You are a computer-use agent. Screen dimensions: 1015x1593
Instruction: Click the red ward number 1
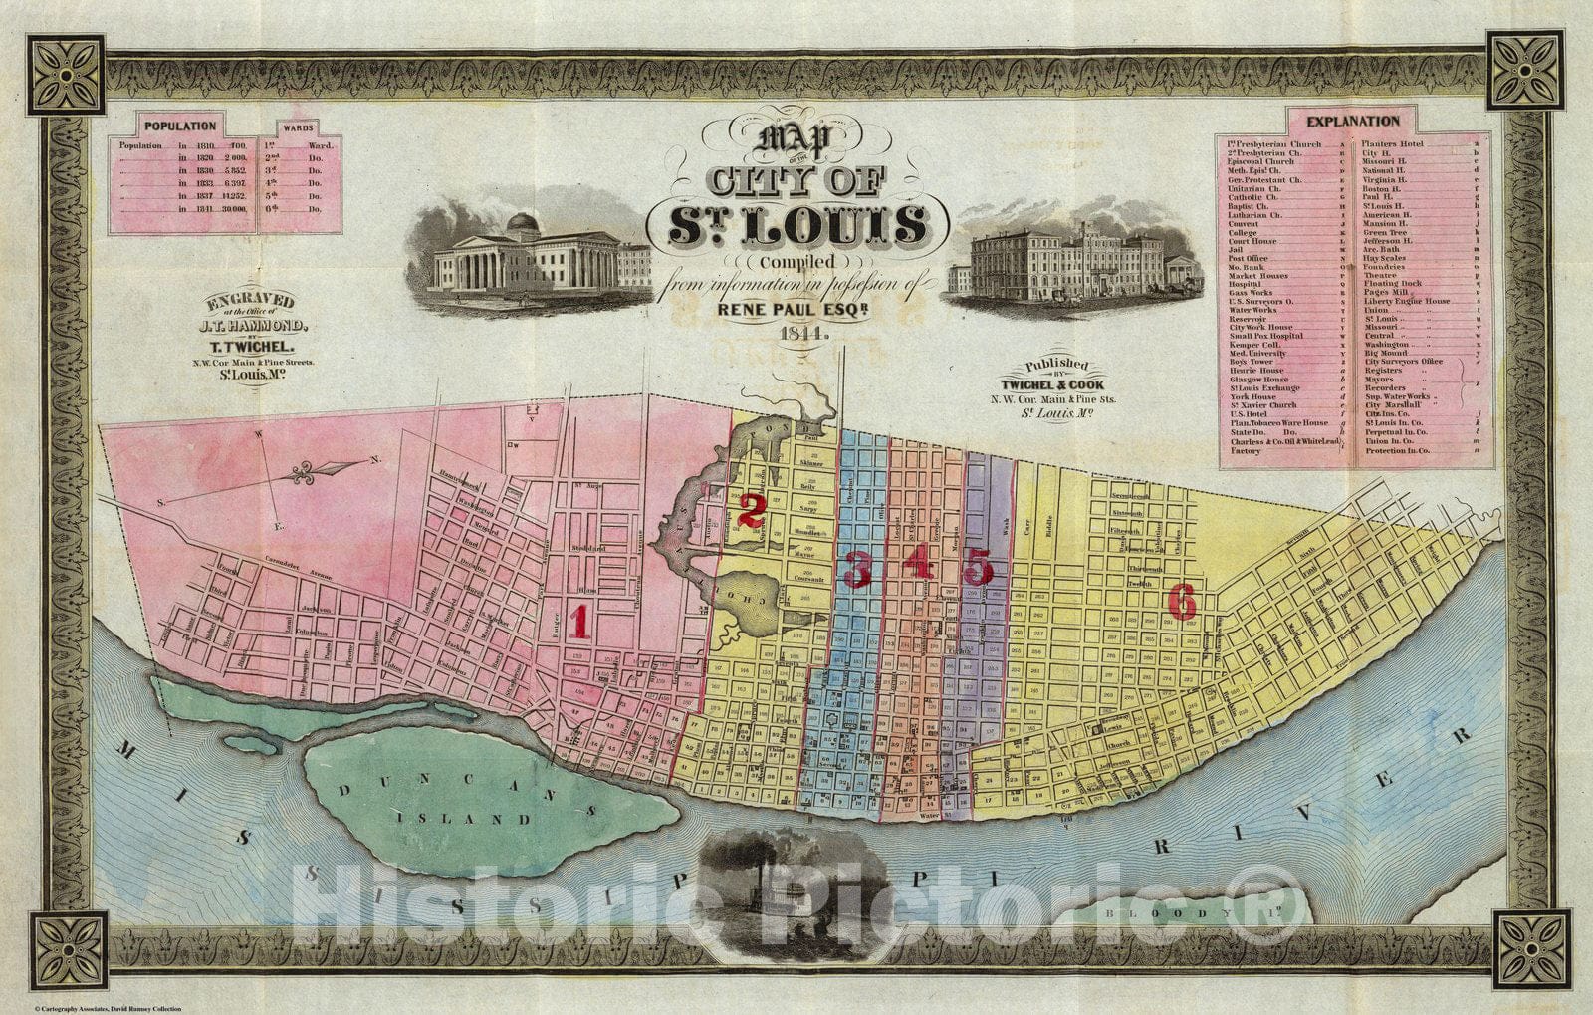pyautogui.click(x=578, y=622)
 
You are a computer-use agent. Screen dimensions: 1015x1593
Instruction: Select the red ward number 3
pyautogui.click(x=857, y=569)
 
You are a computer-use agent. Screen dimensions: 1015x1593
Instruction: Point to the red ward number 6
pyautogui.click(x=1181, y=601)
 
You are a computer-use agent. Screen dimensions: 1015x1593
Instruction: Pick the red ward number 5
pyautogui.click(x=978, y=568)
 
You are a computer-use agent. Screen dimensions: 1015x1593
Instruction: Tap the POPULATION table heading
pyautogui.click(x=180, y=127)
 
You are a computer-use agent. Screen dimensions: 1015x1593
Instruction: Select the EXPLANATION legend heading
pyautogui.click(x=1352, y=122)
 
